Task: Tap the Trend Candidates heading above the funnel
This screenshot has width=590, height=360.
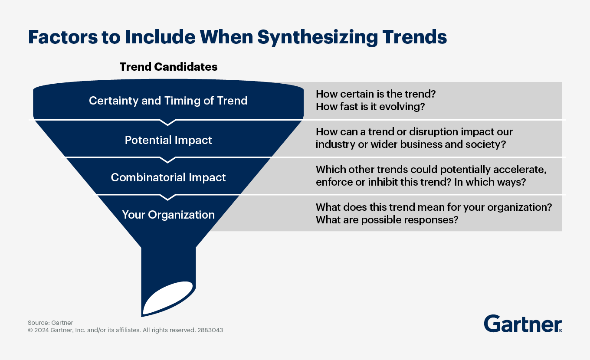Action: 168,67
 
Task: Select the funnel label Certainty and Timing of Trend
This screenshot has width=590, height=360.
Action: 168,101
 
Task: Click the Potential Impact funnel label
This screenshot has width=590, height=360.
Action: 168,140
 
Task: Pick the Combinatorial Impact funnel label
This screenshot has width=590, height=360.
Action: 168,177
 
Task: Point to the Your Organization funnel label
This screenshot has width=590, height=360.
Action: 168,215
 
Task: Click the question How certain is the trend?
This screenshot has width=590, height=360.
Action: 375,94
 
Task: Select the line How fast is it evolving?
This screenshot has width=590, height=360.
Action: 370,107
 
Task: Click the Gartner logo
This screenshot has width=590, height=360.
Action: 523,324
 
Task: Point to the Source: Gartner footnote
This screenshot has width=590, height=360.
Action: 50,323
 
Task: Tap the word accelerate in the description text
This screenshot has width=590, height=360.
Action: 524,169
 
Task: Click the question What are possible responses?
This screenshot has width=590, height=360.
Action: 387,219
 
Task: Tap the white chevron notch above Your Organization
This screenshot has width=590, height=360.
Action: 168,197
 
